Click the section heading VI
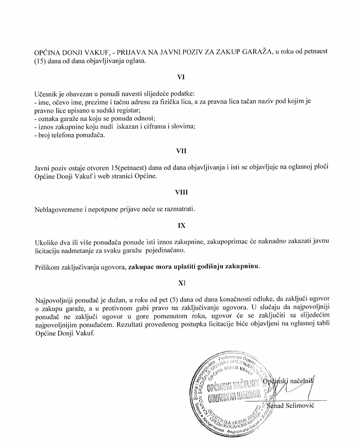coord(180,77)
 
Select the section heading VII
coord(180,151)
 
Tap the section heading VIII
coord(180,193)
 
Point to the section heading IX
coord(180,223)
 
